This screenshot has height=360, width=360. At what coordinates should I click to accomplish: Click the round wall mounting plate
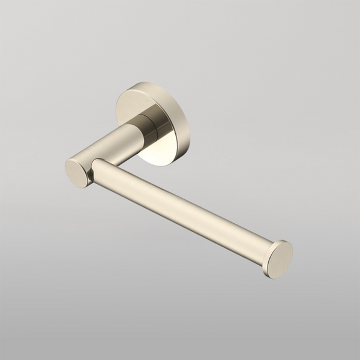157,123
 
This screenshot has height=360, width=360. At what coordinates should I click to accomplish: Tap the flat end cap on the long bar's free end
280,259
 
